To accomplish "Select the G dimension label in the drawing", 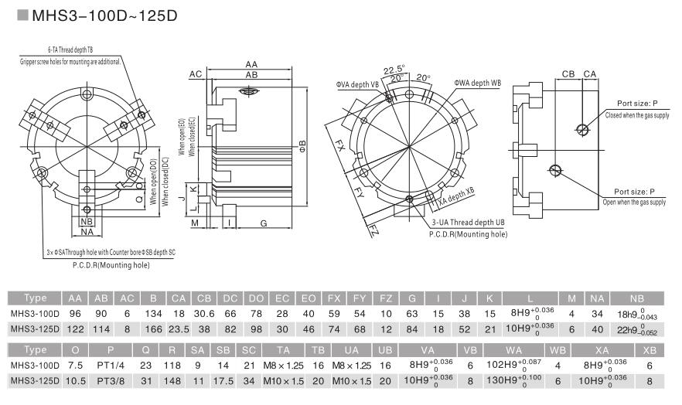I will pos(264,223).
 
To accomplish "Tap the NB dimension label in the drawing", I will pos(87,221).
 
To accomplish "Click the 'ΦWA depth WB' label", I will pos(477,83).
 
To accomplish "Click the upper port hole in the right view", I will pos(580,128).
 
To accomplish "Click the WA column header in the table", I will pos(514,349).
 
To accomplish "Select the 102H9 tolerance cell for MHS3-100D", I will pos(514,365).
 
